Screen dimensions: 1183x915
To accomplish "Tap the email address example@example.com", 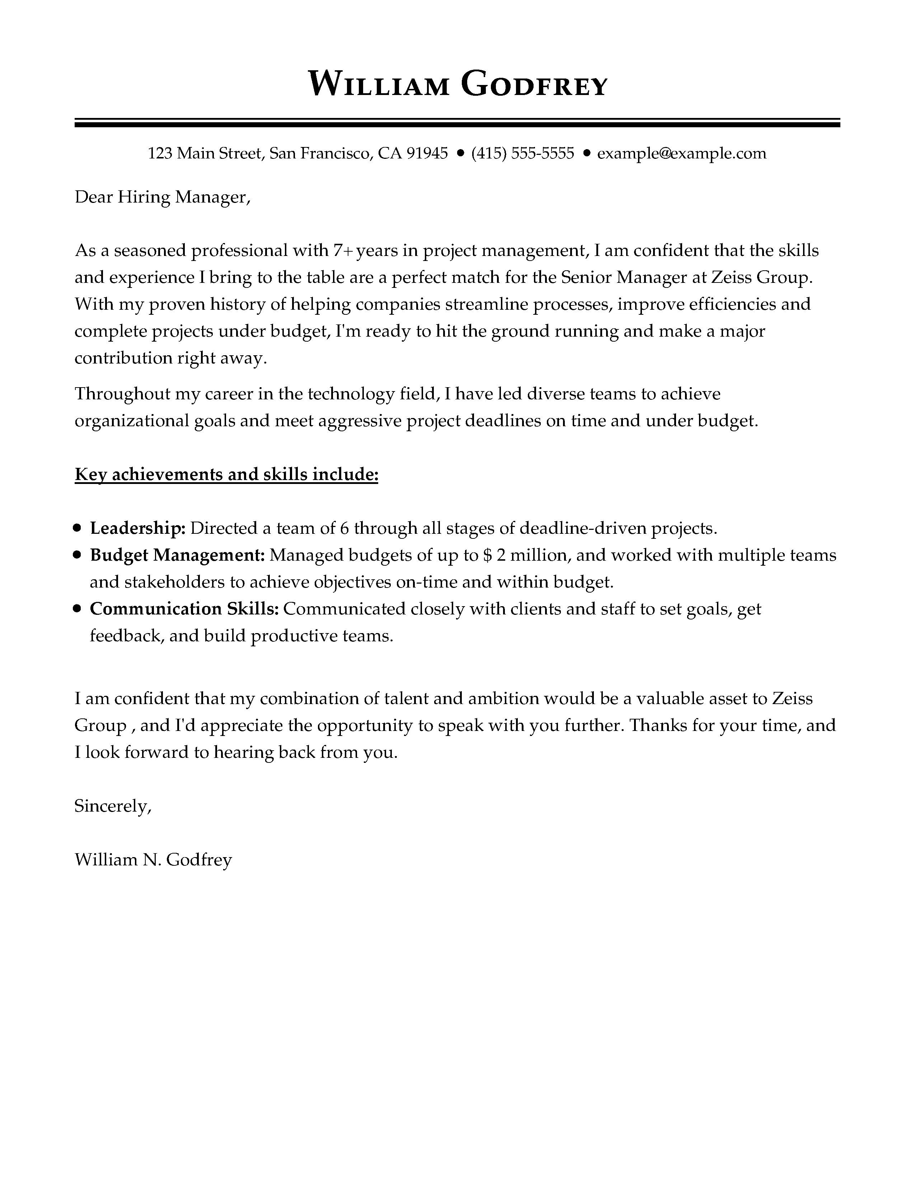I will click(681, 154).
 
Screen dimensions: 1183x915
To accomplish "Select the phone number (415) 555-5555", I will click(522, 154).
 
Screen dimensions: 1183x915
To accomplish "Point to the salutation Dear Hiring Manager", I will click(162, 197).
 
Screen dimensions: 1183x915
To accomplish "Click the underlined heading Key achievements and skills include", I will click(226, 475).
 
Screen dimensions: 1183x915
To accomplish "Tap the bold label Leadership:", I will click(138, 528).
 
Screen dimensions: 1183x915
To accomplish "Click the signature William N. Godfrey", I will click(153, 860).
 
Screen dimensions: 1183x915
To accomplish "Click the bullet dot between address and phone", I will click(460, 154).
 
